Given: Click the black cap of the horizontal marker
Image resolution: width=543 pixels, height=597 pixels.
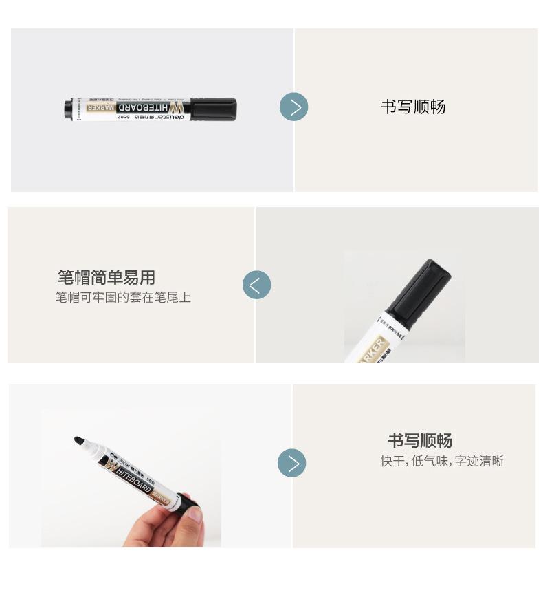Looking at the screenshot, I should tap(212, 109).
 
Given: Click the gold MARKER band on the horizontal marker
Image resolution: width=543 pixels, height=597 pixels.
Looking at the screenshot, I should tap(87, 107).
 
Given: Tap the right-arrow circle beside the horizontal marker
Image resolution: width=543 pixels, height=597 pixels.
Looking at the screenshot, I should tap(294, 107).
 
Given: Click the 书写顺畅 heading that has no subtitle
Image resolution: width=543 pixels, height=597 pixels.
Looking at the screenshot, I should tap(413, 107).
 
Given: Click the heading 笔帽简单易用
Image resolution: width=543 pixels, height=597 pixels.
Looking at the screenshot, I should tap(107, 277).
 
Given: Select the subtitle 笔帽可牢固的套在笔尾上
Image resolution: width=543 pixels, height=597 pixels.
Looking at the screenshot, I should tap(123, 297).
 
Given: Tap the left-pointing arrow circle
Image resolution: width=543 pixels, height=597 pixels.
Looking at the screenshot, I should tap(256, 285).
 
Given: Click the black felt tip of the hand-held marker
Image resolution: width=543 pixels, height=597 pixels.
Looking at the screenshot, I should tap(80, 439).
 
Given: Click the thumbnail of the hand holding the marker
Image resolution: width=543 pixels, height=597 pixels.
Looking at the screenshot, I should tap(131, 478).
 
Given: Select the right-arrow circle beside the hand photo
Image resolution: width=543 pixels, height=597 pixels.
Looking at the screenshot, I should tap(291, 464).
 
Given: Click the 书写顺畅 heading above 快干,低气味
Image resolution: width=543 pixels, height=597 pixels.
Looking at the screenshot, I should tap(419, 440).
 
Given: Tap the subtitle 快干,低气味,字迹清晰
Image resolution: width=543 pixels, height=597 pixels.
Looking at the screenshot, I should tap(442, 461).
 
